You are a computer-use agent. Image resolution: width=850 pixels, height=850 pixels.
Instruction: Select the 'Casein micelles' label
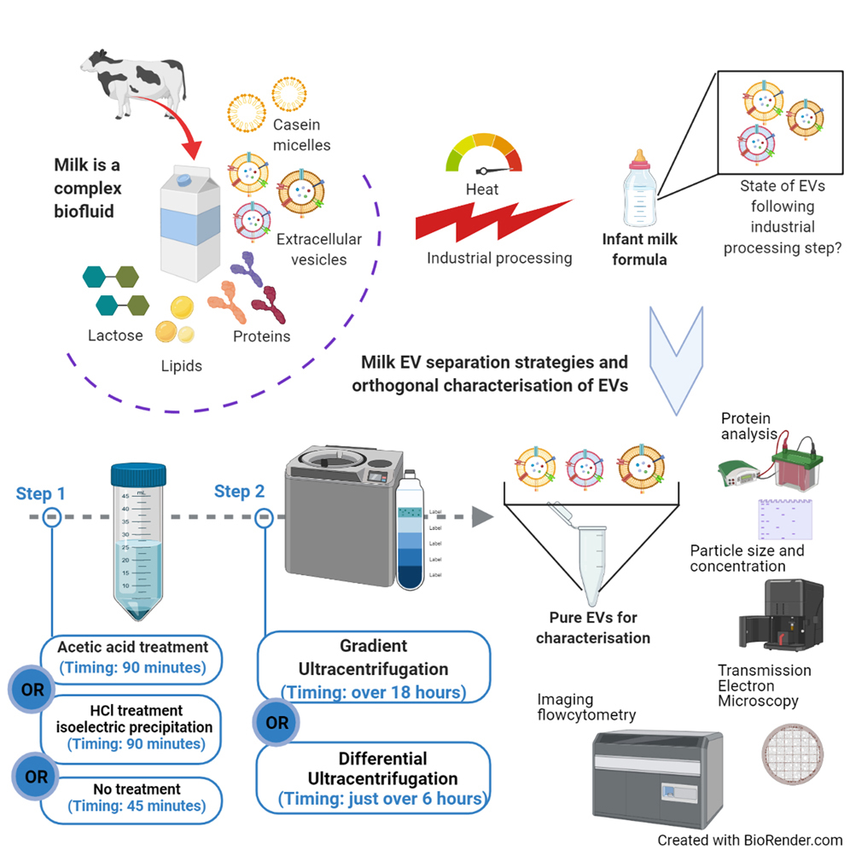click(300, 136)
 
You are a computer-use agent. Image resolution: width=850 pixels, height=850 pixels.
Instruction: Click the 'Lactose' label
click(115, 335)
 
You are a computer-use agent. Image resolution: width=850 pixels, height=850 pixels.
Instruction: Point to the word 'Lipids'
click(181, 366)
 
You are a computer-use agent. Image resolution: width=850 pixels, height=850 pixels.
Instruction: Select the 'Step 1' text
click(40, 493)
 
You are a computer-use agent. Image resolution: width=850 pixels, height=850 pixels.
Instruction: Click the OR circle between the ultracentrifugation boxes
click(277, 723)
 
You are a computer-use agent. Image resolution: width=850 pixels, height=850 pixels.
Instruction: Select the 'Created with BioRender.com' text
click(749, 840)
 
